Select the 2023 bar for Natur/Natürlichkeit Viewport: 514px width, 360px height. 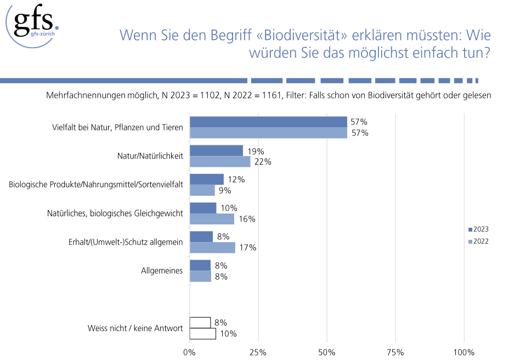pyautogui.click(x=216, y=150)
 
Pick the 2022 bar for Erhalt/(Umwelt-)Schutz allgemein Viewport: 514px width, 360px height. pyautogui.click(x=212, y=248)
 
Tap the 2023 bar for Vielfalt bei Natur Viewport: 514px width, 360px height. pyautogui.click(x=268, y=122)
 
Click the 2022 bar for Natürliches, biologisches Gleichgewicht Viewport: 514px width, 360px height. pyautogui.click(x=212, y=219)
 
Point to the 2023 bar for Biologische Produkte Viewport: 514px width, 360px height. pyautogui.click(x=206, y=179)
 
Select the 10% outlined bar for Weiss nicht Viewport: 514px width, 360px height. pyautogui.click(x=202, y=334)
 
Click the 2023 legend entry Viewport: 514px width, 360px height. pyautogui.click(x=478, y=229)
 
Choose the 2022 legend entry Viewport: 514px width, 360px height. pyautogui.click(x=478, y=241)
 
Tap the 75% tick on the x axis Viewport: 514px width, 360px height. pyautogui.click(x=396, y=352)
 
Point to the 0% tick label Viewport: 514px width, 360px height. pyautogui.click(x=189, y=352)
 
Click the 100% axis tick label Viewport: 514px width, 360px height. pyautogui.click(x=464, y=352)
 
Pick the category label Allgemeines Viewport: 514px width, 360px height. pyautogui.click(x=162, y=271)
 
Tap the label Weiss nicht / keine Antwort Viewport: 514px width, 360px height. pyautogui.click(x=135, y=328)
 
